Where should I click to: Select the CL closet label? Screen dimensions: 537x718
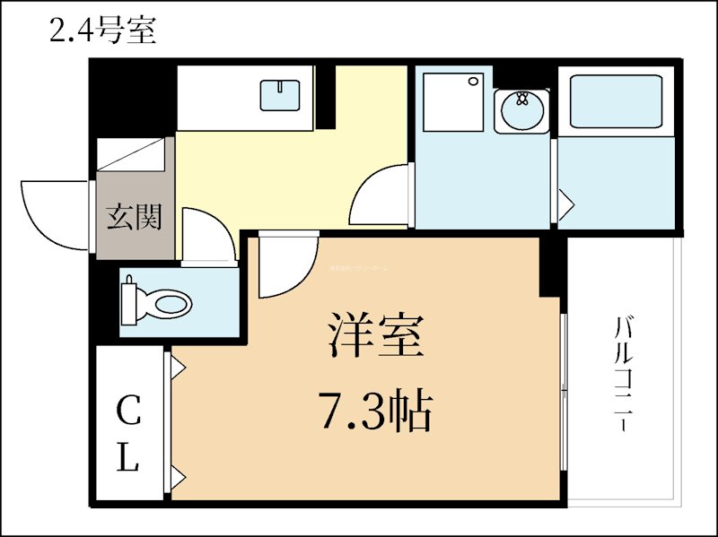click(x=129, y=436)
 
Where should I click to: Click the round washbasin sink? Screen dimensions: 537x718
click(x=520, y=111)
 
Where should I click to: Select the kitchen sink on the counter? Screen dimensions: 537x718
click(x=280, y=94)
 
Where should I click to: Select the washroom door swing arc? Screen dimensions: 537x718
click(x=381, y=195)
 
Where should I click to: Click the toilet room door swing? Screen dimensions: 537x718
click(x=208, y=235)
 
